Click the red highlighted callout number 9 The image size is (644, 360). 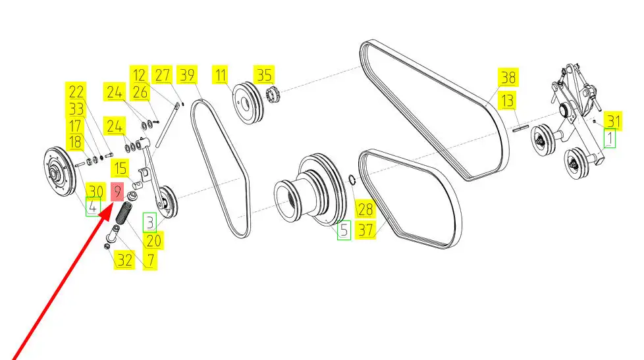(x=117, y=193)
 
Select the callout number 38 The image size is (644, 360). (x=507, y=78)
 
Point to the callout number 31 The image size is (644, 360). (x=614, y=121)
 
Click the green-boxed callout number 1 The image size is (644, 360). (x=610, y=140)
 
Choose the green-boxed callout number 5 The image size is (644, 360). (x=344, y=230)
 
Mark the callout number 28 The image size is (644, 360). (x=364, y=210)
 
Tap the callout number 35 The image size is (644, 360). (x=265, y=75)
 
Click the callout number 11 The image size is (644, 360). (x=221, y=75)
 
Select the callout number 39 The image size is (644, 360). (x=188, y=75)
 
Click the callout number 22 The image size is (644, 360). (x=76, y=91)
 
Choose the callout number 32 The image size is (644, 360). (x=124, y=260)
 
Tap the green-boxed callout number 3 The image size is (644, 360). (x=151, y=222)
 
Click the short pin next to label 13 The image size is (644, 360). (x=522, y=130)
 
